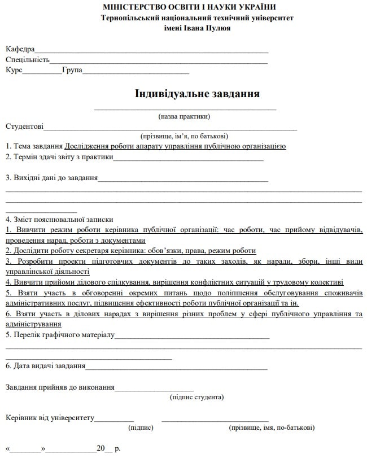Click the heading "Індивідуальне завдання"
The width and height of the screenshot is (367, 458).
[x=197, y=93]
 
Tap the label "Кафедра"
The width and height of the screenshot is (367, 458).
[x=20, y=49]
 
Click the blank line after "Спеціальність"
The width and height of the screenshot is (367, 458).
[x=158, y=60]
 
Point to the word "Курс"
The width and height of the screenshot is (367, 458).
[x=14, y=71]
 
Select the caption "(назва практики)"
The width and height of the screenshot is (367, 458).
[x=184, y=116]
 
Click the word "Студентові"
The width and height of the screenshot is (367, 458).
[x=24, y=127]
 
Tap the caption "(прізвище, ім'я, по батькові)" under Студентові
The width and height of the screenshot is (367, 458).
[x=184, y=136]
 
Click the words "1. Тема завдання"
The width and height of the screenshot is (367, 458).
[x=34, y=146]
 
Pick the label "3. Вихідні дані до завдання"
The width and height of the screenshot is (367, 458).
[x=51, y=178]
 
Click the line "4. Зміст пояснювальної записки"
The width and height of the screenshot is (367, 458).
[x=59, y=220]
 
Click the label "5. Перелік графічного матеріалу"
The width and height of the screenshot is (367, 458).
[x=60, y=335]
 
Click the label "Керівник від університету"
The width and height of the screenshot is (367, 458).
[x=50, y=418]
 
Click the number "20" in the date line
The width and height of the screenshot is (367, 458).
[x=101, y=449]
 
